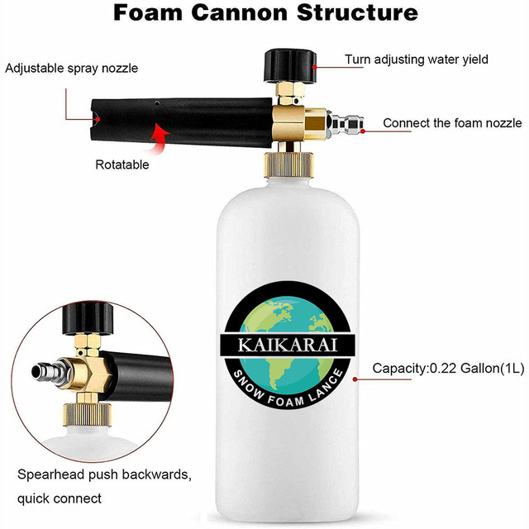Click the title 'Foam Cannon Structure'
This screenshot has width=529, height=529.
tap(264, 13)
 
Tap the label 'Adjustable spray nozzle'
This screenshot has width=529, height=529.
tap(71, 68)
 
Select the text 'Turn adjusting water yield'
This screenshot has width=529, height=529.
tap(417, 60)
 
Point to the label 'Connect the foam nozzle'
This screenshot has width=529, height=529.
tap(452, 123)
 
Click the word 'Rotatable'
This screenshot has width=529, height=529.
tap(122, 164)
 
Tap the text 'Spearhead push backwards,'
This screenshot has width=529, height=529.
tap(104, 475)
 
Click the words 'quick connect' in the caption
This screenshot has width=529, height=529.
tap(60, 498)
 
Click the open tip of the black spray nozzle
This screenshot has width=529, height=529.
tap(97, 120)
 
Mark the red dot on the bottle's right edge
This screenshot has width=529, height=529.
tap(355, 379)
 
